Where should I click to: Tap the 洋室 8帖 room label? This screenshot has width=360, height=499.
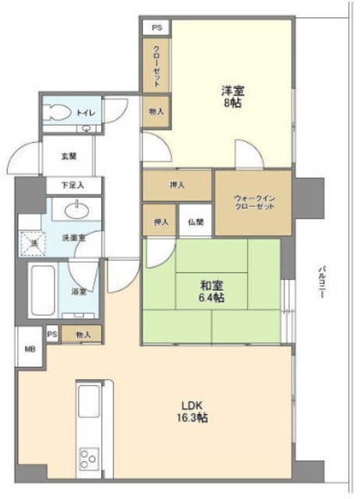[231, 95]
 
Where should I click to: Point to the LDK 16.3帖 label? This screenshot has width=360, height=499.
[195, 412]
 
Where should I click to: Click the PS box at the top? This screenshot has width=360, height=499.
[157, 27]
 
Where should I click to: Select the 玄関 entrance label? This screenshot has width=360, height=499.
[69, 156]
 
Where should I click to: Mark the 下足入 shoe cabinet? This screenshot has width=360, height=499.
[72, 186]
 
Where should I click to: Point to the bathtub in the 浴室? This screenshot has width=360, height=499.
[42, 291]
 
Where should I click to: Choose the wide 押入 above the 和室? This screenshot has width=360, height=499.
[177, 185]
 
